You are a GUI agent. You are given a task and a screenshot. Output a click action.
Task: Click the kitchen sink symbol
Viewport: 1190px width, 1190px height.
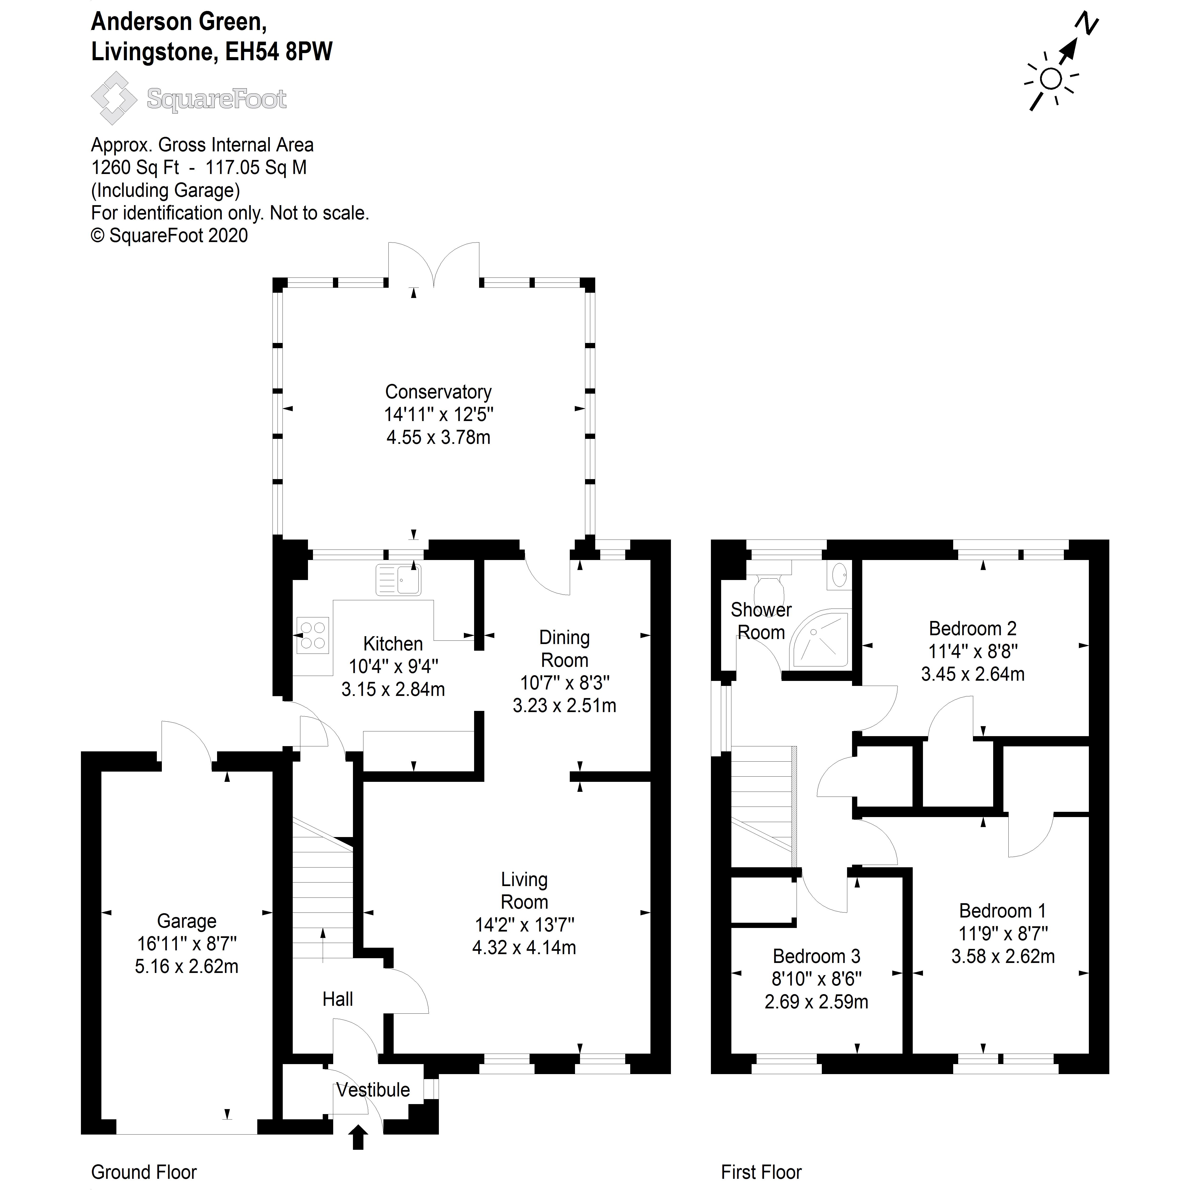point(398,580)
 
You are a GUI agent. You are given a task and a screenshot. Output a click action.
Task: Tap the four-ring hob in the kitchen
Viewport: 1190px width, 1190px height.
point(313,635)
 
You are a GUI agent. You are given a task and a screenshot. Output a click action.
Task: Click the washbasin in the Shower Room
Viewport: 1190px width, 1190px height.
point(839,576)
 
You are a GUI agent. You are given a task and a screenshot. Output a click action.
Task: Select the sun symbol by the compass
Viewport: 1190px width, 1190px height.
point(1051,79)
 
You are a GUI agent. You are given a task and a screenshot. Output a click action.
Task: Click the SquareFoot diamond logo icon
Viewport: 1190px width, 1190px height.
point(114,99)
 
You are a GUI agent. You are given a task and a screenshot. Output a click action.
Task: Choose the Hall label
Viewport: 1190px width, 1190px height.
point(337,999)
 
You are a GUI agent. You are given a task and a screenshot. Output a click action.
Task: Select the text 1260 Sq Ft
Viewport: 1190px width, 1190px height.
point(135,168)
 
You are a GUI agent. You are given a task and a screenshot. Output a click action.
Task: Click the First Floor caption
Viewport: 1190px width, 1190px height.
point(761,1172)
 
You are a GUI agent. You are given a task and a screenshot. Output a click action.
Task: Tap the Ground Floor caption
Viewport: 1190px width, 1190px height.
point(144,1172)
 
